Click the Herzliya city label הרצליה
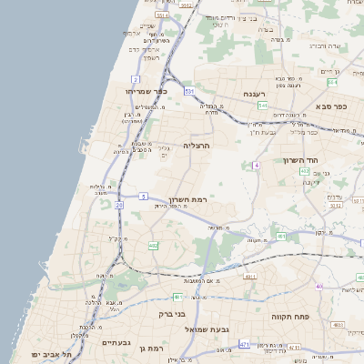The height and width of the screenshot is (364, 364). [197, 145]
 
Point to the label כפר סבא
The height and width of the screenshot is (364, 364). [336, 106]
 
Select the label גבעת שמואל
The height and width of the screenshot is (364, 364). [209, 329]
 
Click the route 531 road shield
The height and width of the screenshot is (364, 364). [188, 91]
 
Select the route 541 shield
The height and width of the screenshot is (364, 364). [262, 106]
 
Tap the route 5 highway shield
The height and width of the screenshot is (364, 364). [144, 196]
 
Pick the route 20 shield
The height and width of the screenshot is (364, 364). [119, 206]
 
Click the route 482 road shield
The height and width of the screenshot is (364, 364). [153, 245]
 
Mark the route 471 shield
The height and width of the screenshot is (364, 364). [244, 344]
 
